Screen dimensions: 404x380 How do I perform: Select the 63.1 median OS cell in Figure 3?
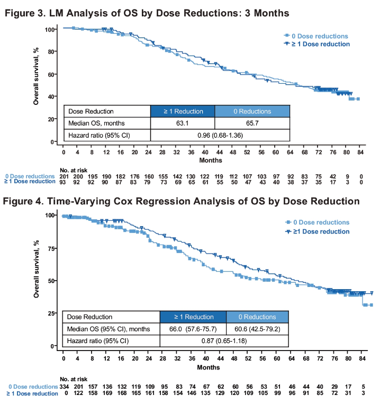pos(183,123)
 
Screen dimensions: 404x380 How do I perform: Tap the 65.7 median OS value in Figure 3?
pos(252,123)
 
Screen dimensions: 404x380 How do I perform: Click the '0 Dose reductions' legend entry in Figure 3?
pos(317,35)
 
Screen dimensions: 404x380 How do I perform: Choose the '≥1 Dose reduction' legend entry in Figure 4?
pos(320,231)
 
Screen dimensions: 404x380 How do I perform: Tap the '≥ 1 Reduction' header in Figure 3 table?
pos(183,111)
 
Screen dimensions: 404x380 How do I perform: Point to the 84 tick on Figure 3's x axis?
pos(360,152)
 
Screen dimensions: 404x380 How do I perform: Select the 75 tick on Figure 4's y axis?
pos(52,248)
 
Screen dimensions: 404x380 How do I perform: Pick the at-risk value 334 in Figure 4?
pos(64,387)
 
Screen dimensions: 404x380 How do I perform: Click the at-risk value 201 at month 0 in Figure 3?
pos(64,175)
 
